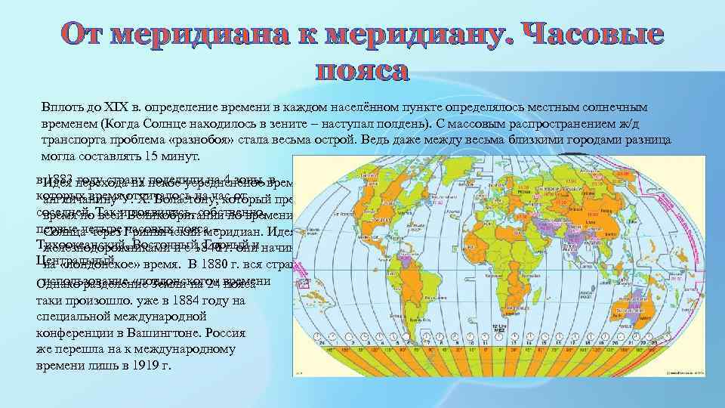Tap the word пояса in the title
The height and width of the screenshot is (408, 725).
[362, 71]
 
